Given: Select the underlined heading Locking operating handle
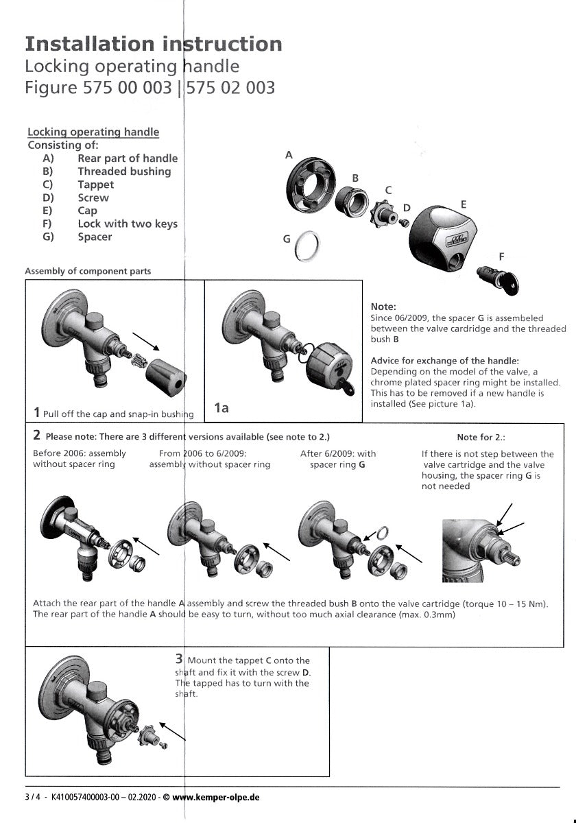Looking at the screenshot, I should pyautogui.click(x=93, y=132).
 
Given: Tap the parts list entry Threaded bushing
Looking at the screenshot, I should pyautogui.click(x=124, y=171).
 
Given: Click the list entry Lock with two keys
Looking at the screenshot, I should pyautogui.click(x=128, y=224).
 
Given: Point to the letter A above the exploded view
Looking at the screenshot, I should pyautogui.click(x=289, y=155).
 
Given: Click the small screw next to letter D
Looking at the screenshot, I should pyautogui.click(x=405, y=222).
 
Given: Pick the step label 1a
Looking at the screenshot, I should pyautogui.click(x=221, y=408).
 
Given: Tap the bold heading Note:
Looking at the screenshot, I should pyautogui.click(x=383, y=307).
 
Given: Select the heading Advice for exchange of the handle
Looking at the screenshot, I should pyautogui.click(x=444, y=361).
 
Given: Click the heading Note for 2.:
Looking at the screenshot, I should pyautogui.click(x=481, y=437).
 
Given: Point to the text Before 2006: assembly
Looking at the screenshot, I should pyautogui.click(x=80, y=453).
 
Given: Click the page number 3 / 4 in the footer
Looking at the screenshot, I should pyautogui.click(x=32, y=798).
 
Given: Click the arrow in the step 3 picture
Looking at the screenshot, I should pyautogui.click(x=172, y=730).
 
